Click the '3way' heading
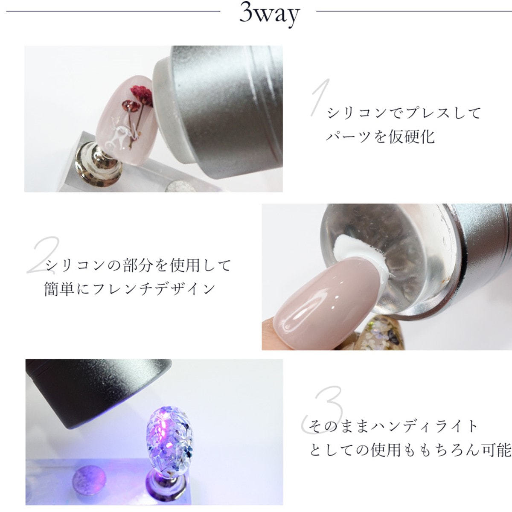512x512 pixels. (269, 15)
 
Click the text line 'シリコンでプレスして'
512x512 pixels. (404, 113)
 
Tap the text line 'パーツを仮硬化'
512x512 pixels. (380, 137)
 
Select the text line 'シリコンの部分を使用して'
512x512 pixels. (138, 265)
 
